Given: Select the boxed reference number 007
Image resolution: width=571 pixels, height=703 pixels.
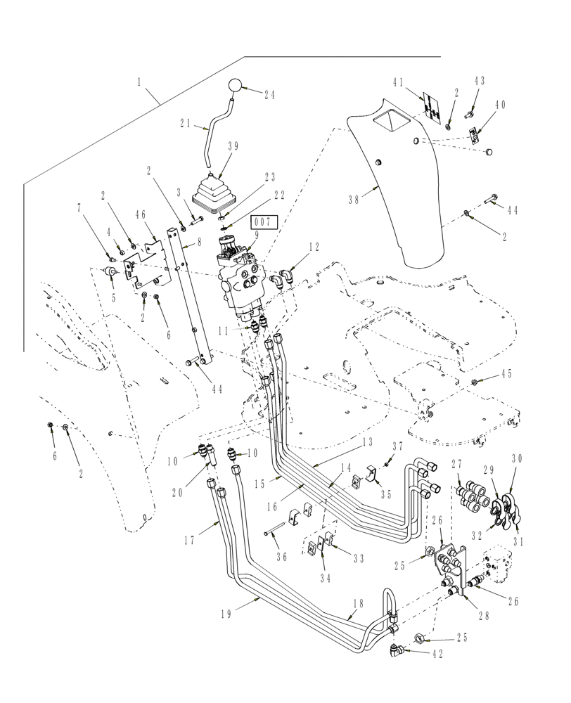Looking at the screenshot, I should (267, 221).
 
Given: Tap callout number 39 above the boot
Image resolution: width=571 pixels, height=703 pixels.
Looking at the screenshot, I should (233, 146).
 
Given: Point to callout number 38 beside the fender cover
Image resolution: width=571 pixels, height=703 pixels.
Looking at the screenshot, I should (357, 199).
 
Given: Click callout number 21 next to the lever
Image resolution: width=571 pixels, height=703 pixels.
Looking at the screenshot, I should (186, 123).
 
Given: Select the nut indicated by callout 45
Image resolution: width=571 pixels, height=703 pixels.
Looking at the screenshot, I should (476, 382).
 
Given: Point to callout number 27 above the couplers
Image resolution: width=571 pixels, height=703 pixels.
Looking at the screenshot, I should (456, 464).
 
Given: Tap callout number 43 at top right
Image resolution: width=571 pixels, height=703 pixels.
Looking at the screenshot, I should (480, 82).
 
